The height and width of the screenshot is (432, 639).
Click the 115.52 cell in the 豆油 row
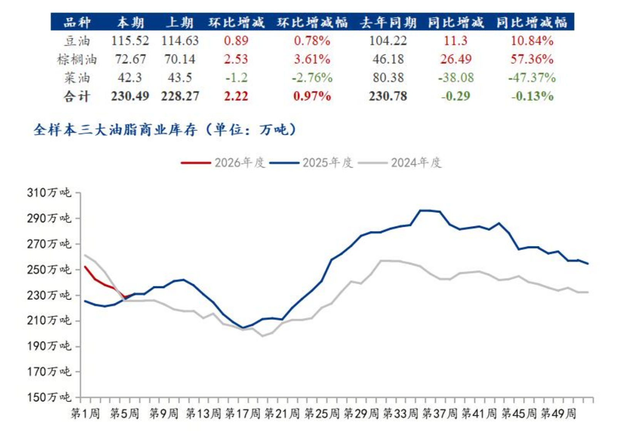[x=130, y=40]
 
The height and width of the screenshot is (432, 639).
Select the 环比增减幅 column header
[x=312, y=22]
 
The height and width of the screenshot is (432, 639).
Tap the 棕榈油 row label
[x=77, y=59]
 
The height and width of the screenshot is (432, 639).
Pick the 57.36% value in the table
[x=532, y=59]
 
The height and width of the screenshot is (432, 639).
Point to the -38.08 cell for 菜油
[x=456, y=78]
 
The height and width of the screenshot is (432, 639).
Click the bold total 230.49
[x=130, y=96]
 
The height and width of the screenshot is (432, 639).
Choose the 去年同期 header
[x=388, y=22]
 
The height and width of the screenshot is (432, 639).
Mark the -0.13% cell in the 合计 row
[x=532, y=96]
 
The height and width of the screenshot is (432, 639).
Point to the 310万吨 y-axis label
[x=49, y=193]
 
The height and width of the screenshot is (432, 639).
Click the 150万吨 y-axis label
[x=49, y=397]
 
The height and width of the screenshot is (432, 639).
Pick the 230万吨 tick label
[x=49, y=295]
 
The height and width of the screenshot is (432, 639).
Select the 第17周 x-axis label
[x=243, y=414]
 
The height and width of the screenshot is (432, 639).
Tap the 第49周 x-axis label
[x=558, y=414]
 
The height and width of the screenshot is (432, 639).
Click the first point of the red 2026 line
[x=85, y=267]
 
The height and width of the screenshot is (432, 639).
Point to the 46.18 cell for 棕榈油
[x=388, y=59]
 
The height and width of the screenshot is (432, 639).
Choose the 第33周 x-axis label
[x=400, y=414]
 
